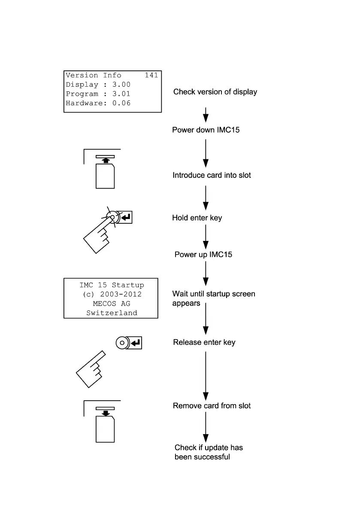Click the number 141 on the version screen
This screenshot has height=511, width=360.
pos(151,76)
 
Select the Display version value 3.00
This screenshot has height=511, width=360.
pos(121,85)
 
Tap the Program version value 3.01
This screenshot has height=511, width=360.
pos(121,94)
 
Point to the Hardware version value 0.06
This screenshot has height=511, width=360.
pos(121,103)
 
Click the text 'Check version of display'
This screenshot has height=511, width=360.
pos(215,92)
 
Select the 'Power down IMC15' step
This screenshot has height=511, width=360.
pos(206,130)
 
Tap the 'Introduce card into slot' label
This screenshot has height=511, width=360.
pos(212,175)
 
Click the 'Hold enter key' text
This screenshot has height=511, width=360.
pos(197,218)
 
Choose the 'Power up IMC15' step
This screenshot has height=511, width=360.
pos(203,255)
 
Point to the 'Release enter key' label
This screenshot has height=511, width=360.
pos(204,343)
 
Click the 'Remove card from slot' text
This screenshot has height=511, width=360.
pos(212,406)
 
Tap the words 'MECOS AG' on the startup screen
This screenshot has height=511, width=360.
pos(111,304)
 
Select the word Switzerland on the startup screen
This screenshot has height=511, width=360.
pos(112,313)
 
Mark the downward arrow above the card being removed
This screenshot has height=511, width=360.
pos(105,414)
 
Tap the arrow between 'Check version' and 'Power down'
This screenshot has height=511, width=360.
pos(206,115)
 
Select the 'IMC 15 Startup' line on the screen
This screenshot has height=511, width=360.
pos(112,285)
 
